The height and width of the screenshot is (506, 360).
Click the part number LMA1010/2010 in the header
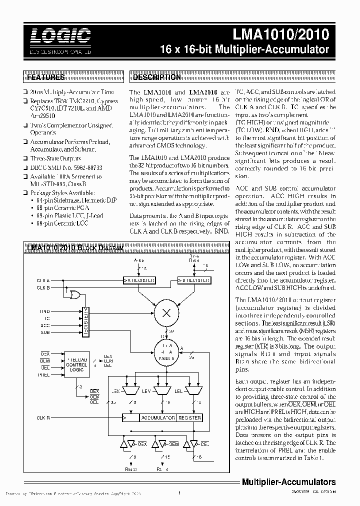tap(281, 35)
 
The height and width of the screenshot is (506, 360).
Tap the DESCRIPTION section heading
tap(156, 77)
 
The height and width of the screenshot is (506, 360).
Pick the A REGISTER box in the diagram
tap(141, 280)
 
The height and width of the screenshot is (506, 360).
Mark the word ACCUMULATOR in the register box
tap(157, 417)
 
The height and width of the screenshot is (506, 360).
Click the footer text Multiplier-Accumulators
tap(288, 482)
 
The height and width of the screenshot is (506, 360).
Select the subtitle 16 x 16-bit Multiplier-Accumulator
tap(244, 50)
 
